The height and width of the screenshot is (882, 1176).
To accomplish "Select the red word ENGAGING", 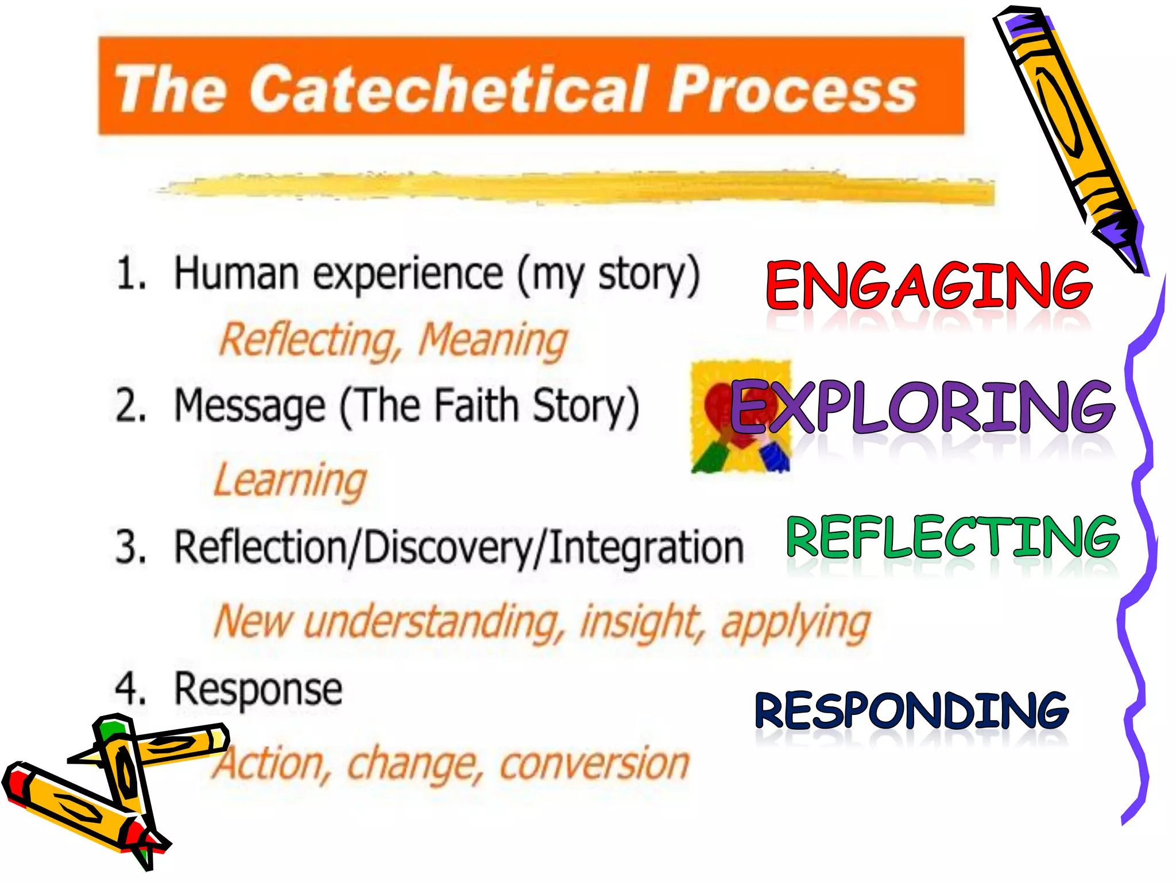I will [x=929, y=285].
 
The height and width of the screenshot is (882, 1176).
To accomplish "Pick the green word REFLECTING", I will [x=952, y=536].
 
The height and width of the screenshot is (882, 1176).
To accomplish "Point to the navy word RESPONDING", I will [x=911, y=711].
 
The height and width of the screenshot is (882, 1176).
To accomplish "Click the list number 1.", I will [x=130, y=273].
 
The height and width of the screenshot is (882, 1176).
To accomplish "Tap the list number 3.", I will [x=130, y=547].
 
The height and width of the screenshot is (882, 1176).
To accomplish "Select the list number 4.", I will [x=130, y=688].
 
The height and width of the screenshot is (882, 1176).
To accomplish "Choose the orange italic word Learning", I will [x=290, y=481].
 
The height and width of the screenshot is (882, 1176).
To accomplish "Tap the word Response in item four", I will [x=258, y=690].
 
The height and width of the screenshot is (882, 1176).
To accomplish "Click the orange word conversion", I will [x=594, y=764].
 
